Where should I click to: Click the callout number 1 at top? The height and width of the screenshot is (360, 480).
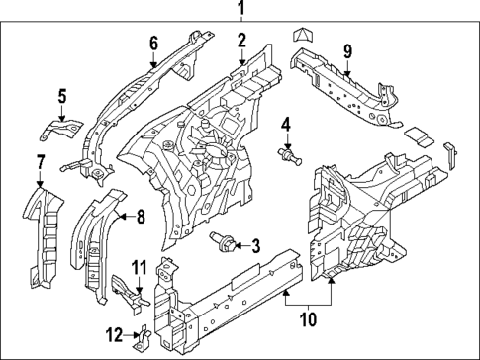click(239, 10)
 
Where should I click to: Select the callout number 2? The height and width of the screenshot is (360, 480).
click(240, 41)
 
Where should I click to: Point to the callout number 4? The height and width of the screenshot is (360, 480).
click(286, 124)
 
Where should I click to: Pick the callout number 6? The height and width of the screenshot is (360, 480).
click(153, 43)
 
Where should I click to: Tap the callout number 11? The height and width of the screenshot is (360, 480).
click(140, 266)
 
